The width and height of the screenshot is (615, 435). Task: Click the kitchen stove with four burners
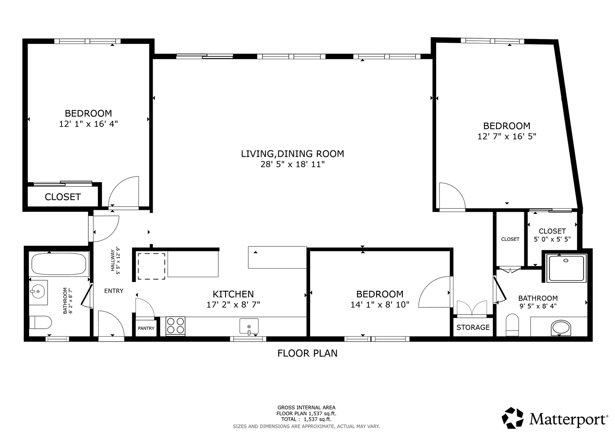176,326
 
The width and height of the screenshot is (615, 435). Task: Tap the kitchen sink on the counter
249,326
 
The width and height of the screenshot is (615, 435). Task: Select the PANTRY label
146,328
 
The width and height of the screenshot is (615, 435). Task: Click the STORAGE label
473,327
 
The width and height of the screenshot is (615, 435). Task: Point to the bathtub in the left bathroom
59,264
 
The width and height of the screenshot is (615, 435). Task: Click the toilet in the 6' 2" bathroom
40,322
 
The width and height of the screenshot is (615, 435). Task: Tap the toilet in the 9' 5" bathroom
512,325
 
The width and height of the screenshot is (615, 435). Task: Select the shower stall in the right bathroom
566,268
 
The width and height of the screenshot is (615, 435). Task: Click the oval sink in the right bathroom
561,328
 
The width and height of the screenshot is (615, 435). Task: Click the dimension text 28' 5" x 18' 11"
293,164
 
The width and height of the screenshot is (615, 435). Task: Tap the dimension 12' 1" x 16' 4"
89,124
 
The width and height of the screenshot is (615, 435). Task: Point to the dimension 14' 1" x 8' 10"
380,304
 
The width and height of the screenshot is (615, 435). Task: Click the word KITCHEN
233,294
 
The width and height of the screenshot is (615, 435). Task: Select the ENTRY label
114,291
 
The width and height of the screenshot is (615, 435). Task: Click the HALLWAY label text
112,260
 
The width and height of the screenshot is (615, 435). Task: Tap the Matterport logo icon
513,418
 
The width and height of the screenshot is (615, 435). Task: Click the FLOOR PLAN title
308,353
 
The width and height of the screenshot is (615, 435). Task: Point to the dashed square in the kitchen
151,266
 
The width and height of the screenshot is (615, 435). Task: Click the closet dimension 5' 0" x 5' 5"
552,239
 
